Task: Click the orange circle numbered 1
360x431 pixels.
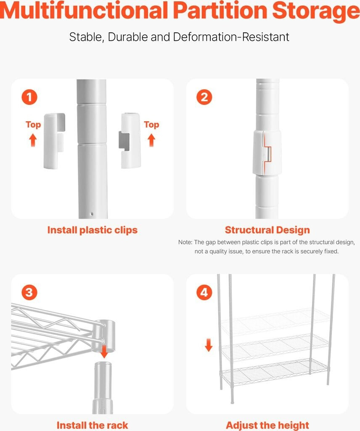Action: (x=29, y=97)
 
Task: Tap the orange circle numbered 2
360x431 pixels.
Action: (x=204, y=97)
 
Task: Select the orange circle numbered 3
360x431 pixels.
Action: (x=29, y=292)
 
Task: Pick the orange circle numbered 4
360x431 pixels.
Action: (x=204, y=292)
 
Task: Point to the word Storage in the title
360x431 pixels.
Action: (x=316, y=11)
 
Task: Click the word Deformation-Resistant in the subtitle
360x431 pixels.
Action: (x=231, y=37)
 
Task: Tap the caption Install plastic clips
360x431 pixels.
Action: (x=92, y=230)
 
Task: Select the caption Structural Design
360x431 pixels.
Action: (x=267, y=230)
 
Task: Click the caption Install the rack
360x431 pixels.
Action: (x=92, y=425)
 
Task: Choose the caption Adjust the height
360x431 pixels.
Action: (x=267, y=425)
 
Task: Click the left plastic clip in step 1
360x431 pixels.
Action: (x=54, y=141)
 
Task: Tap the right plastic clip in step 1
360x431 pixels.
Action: (x=130, y=141)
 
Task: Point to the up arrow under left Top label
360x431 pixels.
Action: (x=33, y=140)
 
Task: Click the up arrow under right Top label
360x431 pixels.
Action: (x=151, y=140)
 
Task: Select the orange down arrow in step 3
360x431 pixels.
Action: (x=104, y=351)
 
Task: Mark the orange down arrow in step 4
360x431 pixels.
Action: (x=209, y=345)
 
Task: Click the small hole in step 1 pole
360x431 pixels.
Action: (x=92, y=214)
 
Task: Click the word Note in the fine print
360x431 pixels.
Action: (x=185, y=242)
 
